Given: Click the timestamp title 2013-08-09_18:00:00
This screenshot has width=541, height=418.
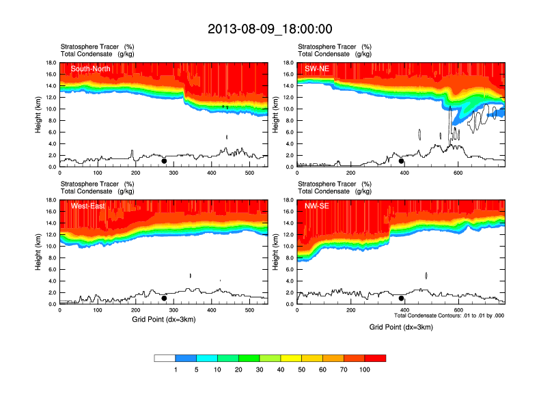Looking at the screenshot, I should coord(270,29).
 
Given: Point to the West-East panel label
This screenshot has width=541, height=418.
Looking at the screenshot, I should coord(87,206).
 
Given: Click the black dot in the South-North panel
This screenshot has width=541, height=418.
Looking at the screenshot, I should coord(164,161).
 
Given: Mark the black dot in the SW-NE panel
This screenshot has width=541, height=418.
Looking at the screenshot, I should coord(402,161).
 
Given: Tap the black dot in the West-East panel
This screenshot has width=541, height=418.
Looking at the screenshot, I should coord(164,298).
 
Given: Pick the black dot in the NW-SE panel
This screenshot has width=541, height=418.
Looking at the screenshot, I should coord(402,298).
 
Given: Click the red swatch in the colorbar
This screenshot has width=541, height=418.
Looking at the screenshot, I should coord(375,358).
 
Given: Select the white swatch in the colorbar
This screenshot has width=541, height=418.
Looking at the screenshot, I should coord(165,358).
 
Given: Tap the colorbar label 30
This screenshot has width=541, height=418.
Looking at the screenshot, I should coord(260,370).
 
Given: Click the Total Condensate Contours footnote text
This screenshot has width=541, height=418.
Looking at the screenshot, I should coord(449,316).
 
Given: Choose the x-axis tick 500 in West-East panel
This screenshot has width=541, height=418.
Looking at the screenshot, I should coord(248,309).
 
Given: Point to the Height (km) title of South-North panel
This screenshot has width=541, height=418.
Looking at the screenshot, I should coord(39,115).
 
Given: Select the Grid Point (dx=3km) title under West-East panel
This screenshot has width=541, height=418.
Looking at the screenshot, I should coord(164,319).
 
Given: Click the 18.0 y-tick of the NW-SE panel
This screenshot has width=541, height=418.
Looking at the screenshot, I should coord(288,200).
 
